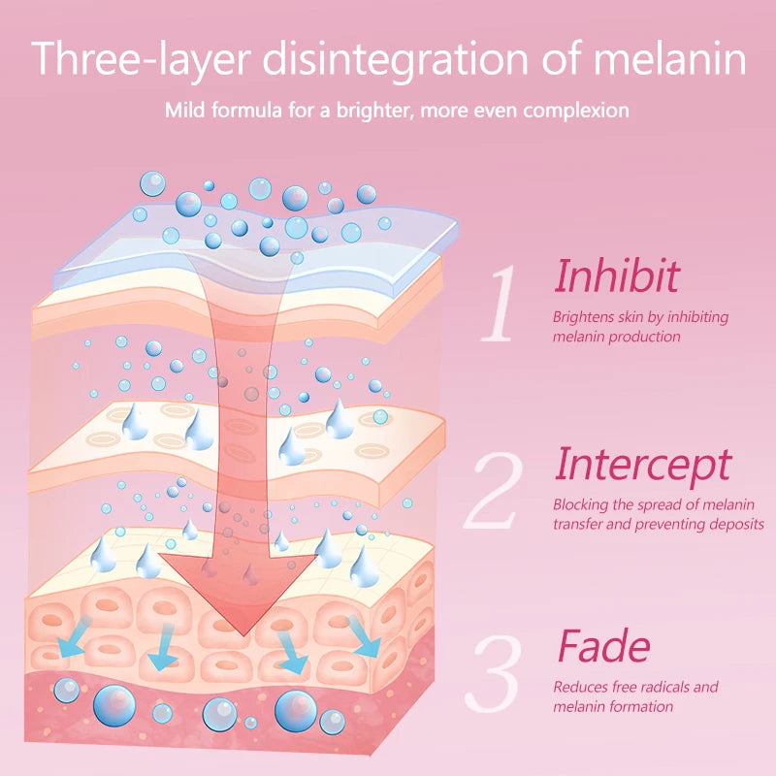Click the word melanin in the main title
669,58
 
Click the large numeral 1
499,303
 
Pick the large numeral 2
494,490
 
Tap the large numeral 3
495,673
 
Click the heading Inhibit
617,276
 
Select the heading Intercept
643,465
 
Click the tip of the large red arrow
243,636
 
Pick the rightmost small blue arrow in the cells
365,637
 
